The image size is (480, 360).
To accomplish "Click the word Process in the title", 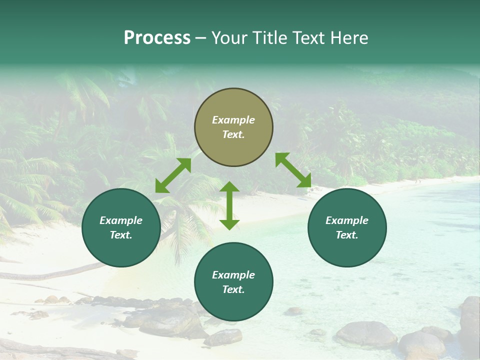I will point(157,38).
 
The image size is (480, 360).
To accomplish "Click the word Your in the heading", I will point(231,38).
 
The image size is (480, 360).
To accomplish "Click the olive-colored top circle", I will point(233,127).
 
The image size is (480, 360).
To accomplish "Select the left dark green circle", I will point(121,227).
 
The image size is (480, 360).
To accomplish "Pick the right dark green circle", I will point(347,227).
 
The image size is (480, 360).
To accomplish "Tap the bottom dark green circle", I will point(233,282).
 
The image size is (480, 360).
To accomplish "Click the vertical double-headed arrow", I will point(229,205).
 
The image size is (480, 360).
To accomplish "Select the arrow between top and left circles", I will point(173,175).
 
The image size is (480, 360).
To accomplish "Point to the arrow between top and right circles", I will point(293,170).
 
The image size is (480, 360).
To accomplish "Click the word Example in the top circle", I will point(233,120).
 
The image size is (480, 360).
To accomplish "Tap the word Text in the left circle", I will point(121,235).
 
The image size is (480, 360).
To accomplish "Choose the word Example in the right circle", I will point(347,220).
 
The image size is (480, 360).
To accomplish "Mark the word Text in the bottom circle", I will point(233,289).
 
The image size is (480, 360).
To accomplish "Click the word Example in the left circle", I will point(121,220).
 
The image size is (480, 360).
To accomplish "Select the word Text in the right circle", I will point(347,235).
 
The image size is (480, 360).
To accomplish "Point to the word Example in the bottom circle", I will point(233,275).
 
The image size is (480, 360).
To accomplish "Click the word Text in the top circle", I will point(233,134).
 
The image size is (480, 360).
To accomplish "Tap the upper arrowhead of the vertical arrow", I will point(229,186).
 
